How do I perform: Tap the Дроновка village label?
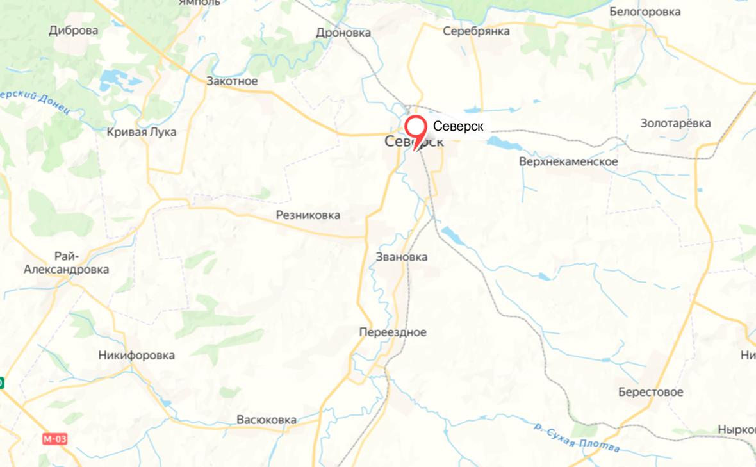pyautogui.click(x=343, y=33)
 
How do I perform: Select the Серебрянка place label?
pyautogui.click(x=476, y=31)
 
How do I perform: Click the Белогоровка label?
pyautogui.click(x=645, y=12)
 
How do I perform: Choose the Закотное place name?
pyautogui.click(x=232, y=81)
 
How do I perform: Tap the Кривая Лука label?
pyautogui.click(x=142, y=132)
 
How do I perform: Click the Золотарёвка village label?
pyautogui.click(x=675, y=124)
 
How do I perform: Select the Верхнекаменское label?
pyautogui.click(x=568, y=161)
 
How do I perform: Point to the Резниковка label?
pyautogui.click(x=308, y=215)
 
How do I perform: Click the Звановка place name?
pyautogui.click(x=402, y=257)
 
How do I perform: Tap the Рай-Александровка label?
pyautogui.click(x=66, y=263)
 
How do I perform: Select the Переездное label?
pyautogui.click(x=393, y=332)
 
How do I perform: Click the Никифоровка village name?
pyautogui.click(x=136, y=356)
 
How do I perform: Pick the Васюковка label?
pyautogui.click(x=267, y=420)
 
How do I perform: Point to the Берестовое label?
pyautogui.click(x=650, y=392)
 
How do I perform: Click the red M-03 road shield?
pyautogui.click(x=55, y=439)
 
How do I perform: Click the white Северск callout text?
pyautogui.click(x=458, y=126)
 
